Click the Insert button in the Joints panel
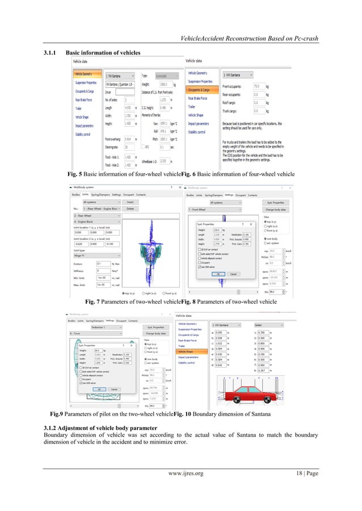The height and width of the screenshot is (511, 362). (130, 201)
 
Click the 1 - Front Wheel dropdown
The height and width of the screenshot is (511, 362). (210, 209)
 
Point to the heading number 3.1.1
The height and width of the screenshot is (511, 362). (52, 53)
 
